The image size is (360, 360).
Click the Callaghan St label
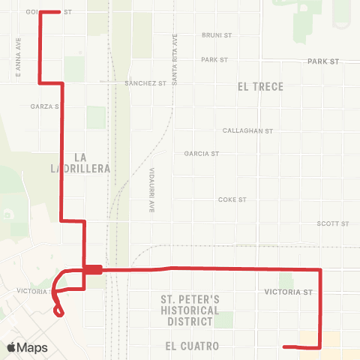pos(248,130)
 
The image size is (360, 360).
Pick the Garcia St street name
pos(201,154)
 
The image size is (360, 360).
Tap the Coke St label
pos(232,200)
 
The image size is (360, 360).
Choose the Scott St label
pos(333,223)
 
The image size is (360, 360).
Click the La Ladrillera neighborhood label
pos(93,163)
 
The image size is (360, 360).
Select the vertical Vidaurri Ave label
pos(151,188)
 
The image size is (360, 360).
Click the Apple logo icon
pos(11,347)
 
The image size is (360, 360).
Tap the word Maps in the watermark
pos(32,348)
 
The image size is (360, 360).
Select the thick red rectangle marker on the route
pos(93,270)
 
